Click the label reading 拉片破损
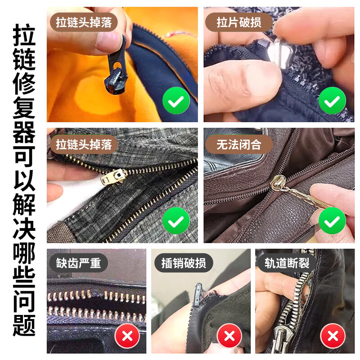[x=239, y=22]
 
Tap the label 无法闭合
[x=239, y=144]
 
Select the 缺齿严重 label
[x=78, y=263]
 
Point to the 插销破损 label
[x=184, y=263]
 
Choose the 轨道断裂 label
[x=287, y=263]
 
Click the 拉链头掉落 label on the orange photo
[x=84, y=22]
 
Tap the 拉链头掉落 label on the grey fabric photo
[x=84, y=144]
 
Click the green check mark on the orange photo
[x=176, y=100]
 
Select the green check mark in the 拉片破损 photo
[x=332, y=100]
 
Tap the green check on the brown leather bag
[x=332, y=220]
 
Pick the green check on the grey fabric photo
[x=176, y=220]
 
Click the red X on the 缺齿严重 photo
[x=127, y=336]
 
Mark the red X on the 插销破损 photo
[x=229, y=336]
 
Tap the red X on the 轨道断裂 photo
[x=333, y=336]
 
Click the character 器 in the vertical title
[x=24, y=132]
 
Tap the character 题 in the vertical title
[x=24, y=325]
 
